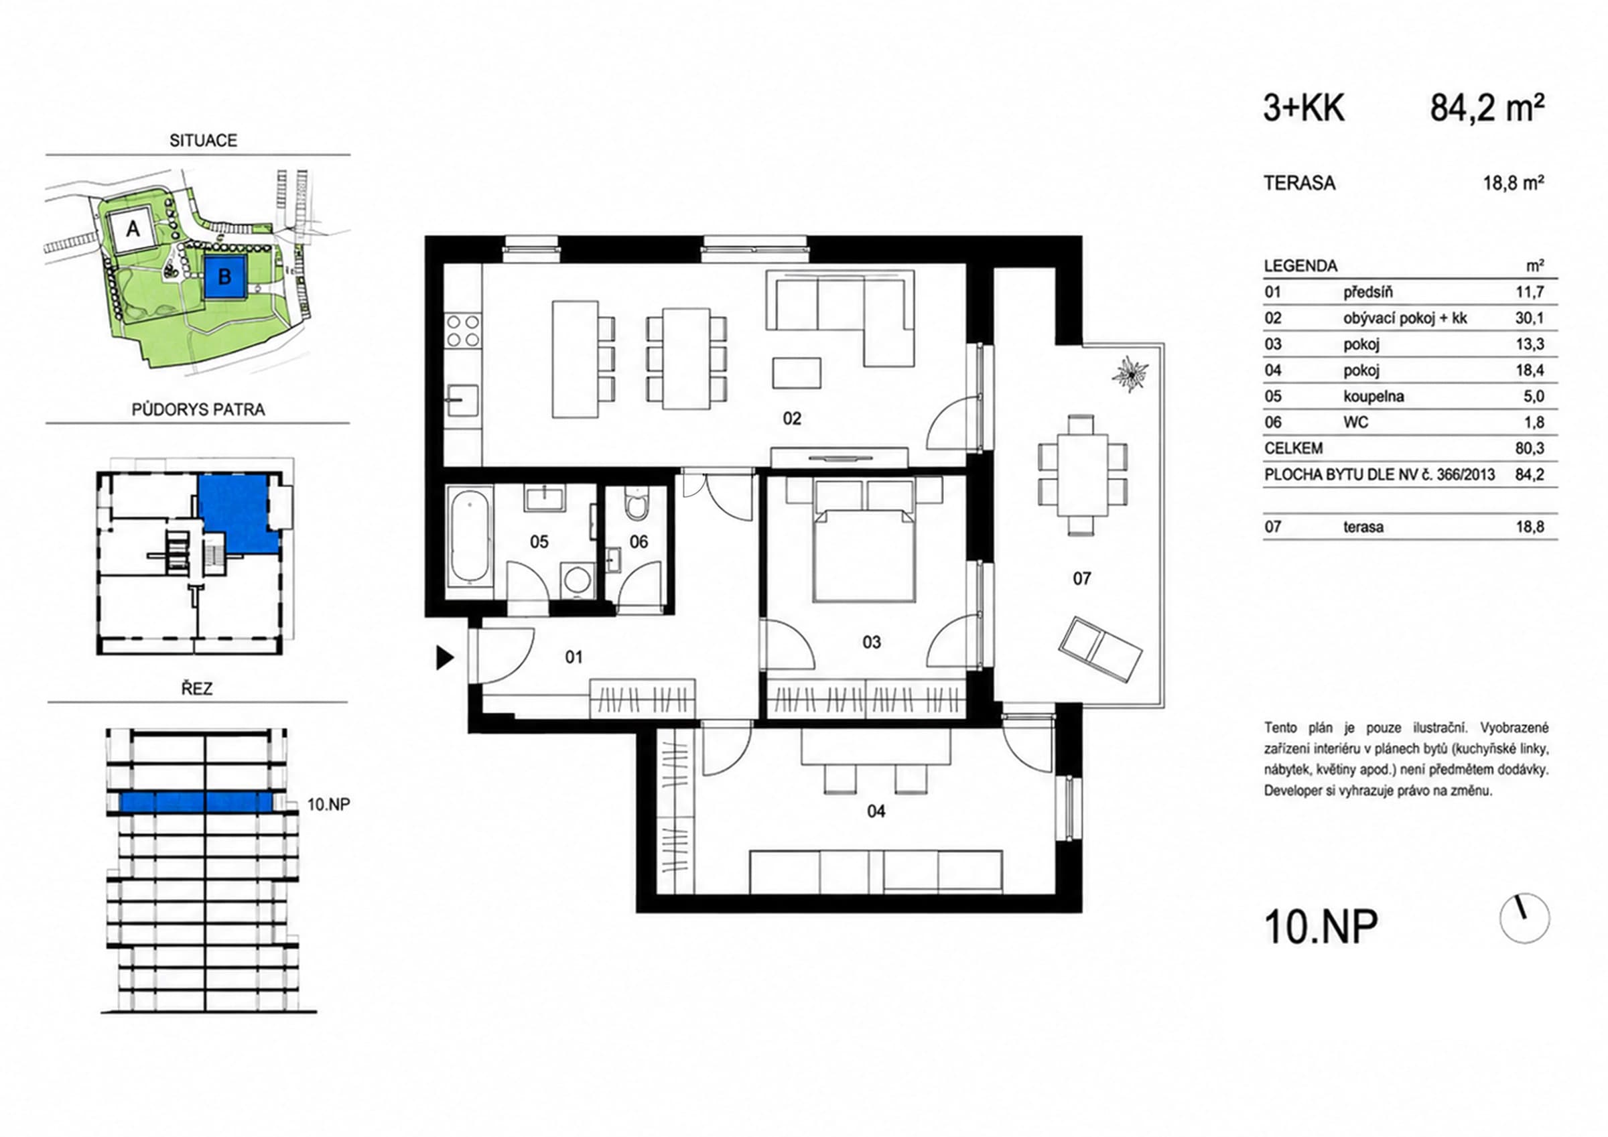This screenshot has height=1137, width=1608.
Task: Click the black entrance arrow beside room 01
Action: pyautogui.click(x=445, y=658)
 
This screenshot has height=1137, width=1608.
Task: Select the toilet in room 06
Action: pyautogui.click(x=636, y=503)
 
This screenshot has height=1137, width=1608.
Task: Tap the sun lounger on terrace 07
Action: pyautogui.click(x=1101, y=649)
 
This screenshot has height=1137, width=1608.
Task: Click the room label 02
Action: pyautogui.click(x=791, y=419)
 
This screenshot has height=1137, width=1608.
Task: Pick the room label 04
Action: pyautogui.click(x=876, y=811)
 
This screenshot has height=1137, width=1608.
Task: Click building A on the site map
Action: pyautogui.click(x=132, y=229)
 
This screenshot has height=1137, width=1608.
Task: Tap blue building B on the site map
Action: pyautogui.click(x=225, y=277)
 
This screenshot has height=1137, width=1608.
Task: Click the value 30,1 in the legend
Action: pyautogui.click(x=1530, y=318)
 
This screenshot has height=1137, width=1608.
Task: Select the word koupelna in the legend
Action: pyautogui.click(x=1373, y=397)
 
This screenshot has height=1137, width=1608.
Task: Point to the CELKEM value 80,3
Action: pyautogui.click(x=1530, y=448)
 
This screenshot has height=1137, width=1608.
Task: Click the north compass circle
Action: pyautogui.click(x=1524, y=918)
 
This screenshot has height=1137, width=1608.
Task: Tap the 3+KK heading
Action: pyautogui.click(x=1304, y=109)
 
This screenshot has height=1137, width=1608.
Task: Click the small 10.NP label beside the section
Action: pyautogui.click(x=328, y=804)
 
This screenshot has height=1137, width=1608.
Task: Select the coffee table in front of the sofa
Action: pyautogui.click(x=797, y=373)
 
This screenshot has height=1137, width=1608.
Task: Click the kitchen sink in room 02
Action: pyautogui.click(x=462, y=401)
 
